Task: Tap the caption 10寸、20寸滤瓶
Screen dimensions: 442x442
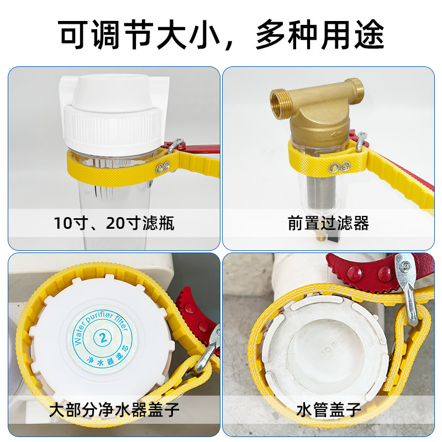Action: (x=114, y=223)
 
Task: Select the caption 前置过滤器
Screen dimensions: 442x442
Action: (x=328, y=223)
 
